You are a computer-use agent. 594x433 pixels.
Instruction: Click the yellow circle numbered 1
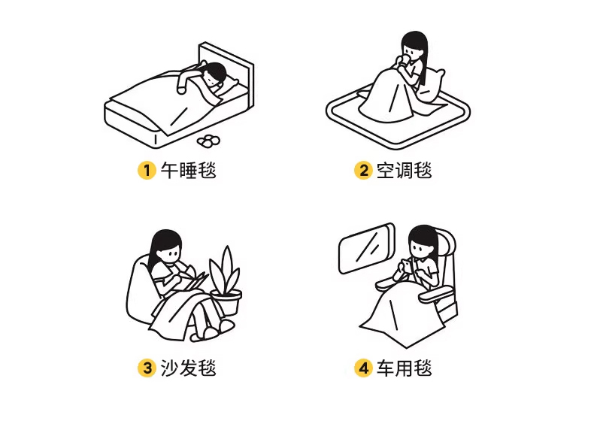click(x=147, y=171)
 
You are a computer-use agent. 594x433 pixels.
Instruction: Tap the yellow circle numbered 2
click(x=363, y=171)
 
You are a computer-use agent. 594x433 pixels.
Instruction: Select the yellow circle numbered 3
click(x=147, y=368)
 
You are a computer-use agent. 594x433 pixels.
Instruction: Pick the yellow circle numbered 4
click(x=363, y=368)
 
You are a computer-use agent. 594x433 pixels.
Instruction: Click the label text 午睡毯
click(x=188, y=171)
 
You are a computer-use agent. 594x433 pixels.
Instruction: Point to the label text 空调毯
click(x=405, y=171)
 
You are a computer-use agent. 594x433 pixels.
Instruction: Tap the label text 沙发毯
click(x=188, y=368)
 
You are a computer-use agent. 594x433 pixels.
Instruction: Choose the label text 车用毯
click(x=405, y=368)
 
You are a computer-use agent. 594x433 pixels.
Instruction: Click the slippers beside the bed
click(x=208, y=140)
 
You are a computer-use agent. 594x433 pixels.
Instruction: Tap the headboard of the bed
click(x=227, y=70)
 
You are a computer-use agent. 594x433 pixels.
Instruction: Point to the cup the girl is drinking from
click(x=404, y=60)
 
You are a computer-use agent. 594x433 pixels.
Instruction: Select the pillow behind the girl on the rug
click(x=432, y=85)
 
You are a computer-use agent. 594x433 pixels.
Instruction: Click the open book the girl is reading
click(x=194, y=280)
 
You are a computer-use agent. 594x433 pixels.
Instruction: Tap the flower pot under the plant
click(x=226, y=302)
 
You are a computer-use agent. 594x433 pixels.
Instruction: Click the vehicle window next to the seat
click(x=367, y=248)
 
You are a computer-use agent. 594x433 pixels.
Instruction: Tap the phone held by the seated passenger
click(x=405, y=265)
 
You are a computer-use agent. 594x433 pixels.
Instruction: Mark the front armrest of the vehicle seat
click(x=435, y=295)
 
